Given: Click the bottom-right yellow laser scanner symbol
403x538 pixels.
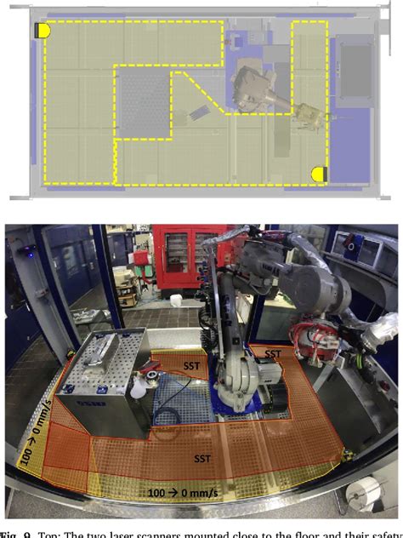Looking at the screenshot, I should point(320,174).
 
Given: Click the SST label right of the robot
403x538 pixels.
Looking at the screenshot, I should point(273,352).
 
